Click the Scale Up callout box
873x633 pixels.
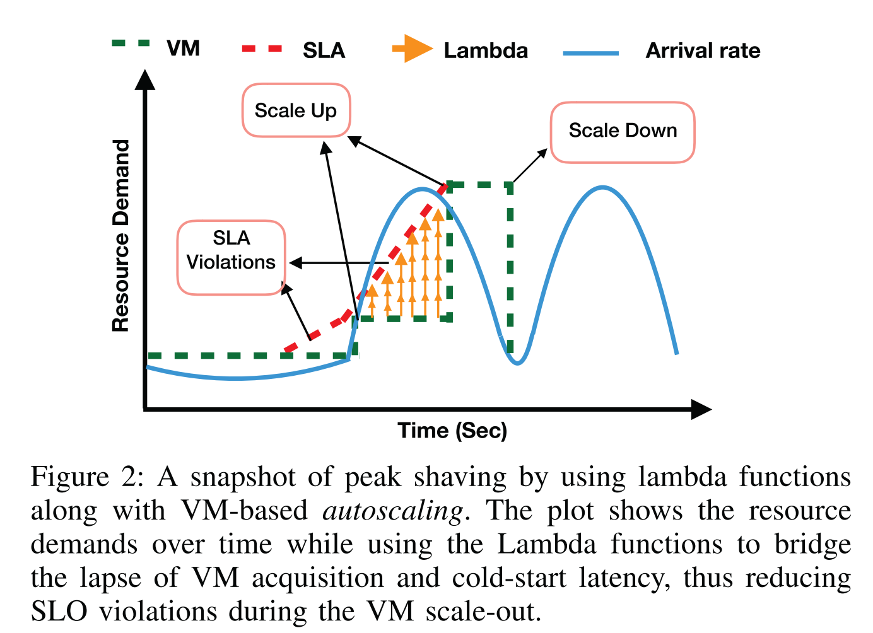(x=296, y=110)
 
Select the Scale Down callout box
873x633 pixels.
(x=623, y=131)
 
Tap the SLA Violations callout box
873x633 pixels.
(x=231, y=257)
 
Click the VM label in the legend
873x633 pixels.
(x=183, y=49)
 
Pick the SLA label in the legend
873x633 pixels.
(x=324, y=50)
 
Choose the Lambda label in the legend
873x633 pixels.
(x=485, y=50)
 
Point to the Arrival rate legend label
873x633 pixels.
(x=703, y=50)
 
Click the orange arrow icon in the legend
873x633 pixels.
(x=413, y=49)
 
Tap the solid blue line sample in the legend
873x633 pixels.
(x=591, y=54)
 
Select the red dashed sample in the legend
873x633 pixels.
(x=262, y=49)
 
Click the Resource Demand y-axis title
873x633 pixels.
(x=120, y=236)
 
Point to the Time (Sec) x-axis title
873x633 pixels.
(x=452, y=431)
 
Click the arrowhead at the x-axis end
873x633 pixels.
(x=701, y=410)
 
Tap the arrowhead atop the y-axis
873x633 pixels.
(x=145, y=79)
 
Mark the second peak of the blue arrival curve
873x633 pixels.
(x=603, y=187)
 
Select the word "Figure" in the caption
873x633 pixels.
(x=69, y=477)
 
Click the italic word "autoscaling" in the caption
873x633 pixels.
(x=393, y=511)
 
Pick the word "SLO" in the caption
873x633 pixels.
(x=59, y=611)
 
